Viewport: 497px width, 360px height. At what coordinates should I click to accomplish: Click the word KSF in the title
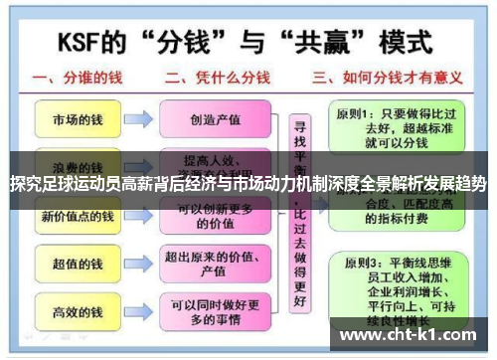point(88,43)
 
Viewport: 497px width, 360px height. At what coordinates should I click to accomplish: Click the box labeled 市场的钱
point(77,119)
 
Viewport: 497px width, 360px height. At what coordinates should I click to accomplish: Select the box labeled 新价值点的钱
point(77,216)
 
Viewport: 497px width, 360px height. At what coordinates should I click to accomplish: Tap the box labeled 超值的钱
point(77,265)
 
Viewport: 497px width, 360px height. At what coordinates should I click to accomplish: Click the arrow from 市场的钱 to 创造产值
point(140,119)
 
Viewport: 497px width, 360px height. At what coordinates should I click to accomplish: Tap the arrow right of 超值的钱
point(140,265)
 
